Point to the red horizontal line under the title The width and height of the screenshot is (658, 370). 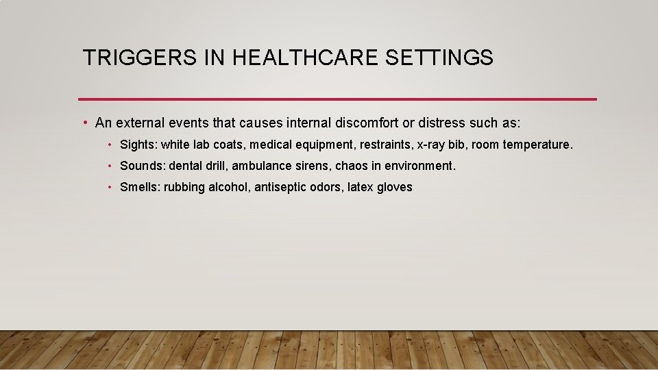337,99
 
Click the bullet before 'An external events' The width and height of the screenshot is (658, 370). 84,123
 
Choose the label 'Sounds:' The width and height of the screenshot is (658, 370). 143,166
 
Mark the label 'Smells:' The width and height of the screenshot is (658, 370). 140,187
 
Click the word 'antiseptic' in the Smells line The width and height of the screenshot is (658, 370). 282,187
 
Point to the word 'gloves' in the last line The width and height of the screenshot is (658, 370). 395,187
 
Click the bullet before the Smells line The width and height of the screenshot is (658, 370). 110,187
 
